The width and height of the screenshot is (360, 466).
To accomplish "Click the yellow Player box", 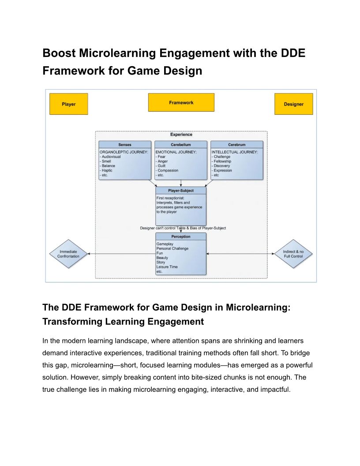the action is (x=69, y=104).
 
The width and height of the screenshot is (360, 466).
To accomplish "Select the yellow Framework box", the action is (x=181, y=102).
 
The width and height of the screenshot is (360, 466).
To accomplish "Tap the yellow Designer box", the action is (x=293, y=104).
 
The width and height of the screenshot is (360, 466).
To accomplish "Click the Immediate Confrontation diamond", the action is (x=68, y=254).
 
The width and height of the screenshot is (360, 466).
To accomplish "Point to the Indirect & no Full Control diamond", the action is (x=293, y=254).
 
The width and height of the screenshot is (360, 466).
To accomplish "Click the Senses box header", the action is (x=125, y=145).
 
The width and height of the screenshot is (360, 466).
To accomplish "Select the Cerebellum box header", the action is (x=180, y=145).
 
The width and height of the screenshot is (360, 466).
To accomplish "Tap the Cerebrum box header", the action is (x=237, y=145).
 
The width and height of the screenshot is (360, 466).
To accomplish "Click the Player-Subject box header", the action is (x=180, y=191).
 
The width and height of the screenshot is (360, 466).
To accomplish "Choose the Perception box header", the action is (x=180, y=237).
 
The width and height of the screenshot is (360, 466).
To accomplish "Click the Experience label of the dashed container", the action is (x=181, y=134).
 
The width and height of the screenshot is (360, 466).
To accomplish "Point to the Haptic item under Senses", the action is (x=106, y=171).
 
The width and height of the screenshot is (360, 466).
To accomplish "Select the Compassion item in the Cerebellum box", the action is (x=167, y=171).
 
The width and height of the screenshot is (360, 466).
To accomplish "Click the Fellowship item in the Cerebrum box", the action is (x=221, y=162).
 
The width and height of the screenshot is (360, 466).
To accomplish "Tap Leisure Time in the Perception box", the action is (x=167, y=267).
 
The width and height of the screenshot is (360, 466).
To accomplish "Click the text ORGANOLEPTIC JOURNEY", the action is (x=124, y=152).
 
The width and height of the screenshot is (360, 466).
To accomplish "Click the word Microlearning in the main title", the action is (x=118, y=53).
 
